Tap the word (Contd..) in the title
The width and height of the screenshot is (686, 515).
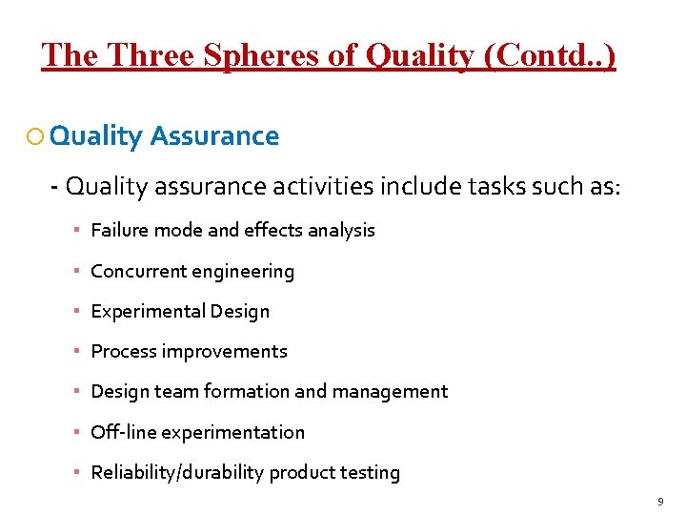click(551, 55)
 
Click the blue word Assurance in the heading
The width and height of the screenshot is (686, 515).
click(214, 136)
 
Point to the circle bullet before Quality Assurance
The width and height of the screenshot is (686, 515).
click(35, 136)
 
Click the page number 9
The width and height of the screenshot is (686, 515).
click(660, 501)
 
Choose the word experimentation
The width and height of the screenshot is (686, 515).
click(232, 432)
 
